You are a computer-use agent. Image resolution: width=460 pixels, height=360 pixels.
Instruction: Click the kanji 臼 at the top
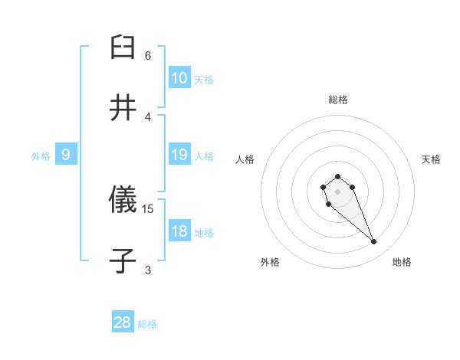click(x=123, y=47)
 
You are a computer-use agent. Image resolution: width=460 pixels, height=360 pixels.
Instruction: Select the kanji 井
click(x=123, y=108)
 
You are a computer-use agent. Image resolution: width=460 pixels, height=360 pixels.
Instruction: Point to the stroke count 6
click(x=148, y=55)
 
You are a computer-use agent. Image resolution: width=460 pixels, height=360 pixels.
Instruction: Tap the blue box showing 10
click(x=179, y=78)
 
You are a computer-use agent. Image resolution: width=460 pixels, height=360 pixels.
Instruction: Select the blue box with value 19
click(x=179, y=155)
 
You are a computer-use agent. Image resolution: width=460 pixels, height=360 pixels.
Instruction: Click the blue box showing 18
click(x=179, y=231)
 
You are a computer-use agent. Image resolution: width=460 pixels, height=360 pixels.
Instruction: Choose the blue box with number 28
click(x=123, y=322)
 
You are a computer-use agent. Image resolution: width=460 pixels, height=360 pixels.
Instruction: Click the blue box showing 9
click(x=66, y=155)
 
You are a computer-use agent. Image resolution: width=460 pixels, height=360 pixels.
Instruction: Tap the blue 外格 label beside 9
click(x=41, y=156)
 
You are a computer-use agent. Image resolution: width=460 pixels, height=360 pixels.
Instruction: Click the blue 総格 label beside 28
click(x=147, y=324)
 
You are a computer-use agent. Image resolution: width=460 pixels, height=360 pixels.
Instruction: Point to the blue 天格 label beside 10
click(x=204, y=80)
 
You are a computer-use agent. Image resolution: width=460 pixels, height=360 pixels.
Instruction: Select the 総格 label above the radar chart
click(x=338, y=100)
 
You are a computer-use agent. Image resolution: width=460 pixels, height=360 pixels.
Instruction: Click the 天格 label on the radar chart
click(x=431, y=159)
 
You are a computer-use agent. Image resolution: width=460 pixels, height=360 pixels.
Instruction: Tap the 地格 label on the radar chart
click(x=402, y=262)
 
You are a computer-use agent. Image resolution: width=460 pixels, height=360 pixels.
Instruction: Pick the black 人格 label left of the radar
click(x=245, y=159)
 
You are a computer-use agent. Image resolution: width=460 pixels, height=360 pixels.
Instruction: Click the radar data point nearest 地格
click(x=374, y=242)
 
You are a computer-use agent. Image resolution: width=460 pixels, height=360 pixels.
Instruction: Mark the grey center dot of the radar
click(x=338, y=191)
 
